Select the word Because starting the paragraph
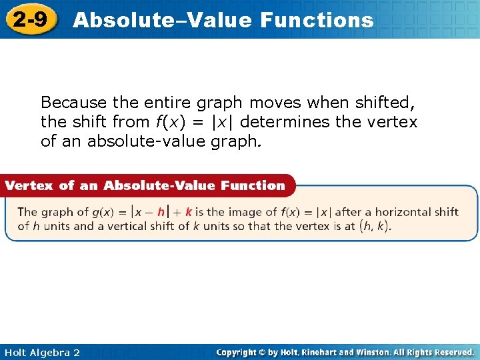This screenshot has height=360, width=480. pos(74,103)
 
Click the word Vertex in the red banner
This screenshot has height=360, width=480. pos(31,185)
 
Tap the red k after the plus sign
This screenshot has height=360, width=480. pos(189,212)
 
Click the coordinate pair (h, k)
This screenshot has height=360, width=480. pos(374,226)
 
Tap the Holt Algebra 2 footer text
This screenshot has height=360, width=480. pos(41,352)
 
